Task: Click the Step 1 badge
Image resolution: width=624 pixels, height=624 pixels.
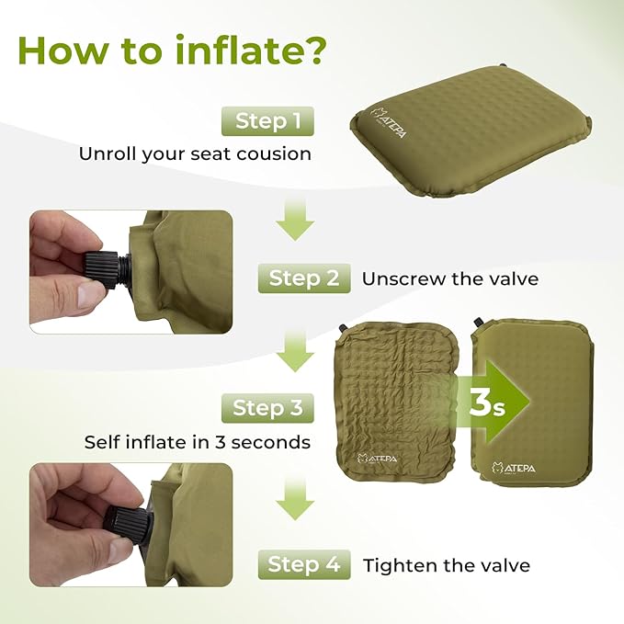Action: click(x=268, y=120)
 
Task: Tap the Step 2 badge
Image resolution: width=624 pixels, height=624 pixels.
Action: click(x=304, y=277)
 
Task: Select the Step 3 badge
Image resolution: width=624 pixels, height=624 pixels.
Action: click(x=267, y=407)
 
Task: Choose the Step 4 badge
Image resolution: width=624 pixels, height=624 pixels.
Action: click(x=304, y=564)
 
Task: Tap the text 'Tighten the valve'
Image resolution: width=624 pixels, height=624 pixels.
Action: click(x=447, y=565)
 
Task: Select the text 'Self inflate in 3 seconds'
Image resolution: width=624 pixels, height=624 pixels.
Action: click(x=197, y=442)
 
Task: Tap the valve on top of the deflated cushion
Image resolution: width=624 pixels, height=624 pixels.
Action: click(x=344, y=327)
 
